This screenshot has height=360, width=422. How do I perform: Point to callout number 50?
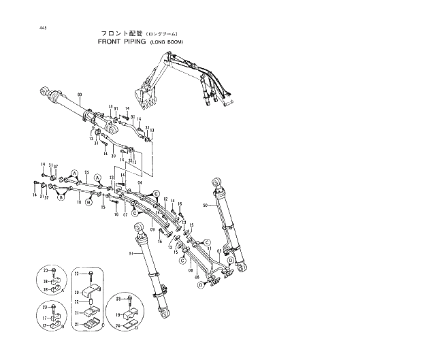(206, 205)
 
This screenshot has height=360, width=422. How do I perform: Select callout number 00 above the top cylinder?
(80, 95)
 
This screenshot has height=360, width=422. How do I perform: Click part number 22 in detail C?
(78, 301)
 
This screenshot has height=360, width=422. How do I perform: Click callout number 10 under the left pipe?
(80, 202)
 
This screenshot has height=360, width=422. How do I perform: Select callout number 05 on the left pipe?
(86, 173)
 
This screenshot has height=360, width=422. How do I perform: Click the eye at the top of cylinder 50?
(216, 181)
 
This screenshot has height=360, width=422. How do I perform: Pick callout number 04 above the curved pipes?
(139, 184)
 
